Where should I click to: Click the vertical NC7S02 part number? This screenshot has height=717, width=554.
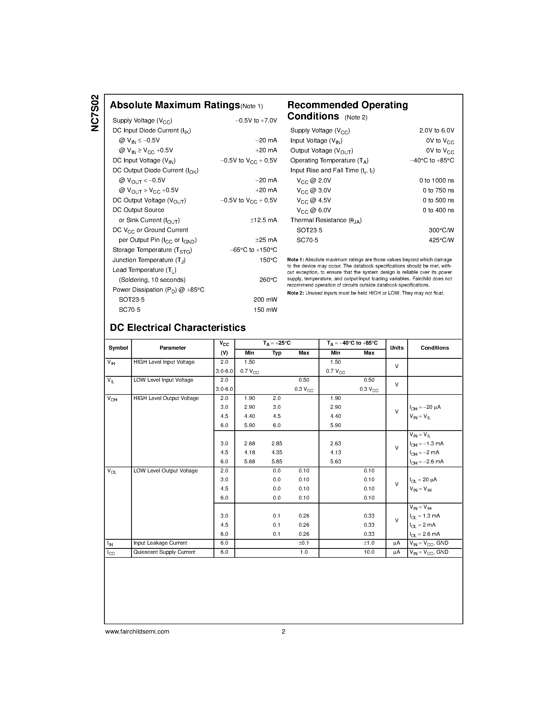click(x=95, y=113)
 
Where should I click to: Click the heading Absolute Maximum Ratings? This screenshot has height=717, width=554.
click(x=175, y=105)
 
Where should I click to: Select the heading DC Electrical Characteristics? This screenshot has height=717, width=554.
click(x=178, y=328)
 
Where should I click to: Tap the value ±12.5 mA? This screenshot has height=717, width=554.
click(x=264, y=220)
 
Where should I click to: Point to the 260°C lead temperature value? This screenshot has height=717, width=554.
click(x=268, y=280)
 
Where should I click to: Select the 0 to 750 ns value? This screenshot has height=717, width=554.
click(x=438, y=190)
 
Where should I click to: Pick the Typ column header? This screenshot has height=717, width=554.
click(x=277, y=353)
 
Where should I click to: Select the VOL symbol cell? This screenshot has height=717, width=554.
click(x=112, y=471)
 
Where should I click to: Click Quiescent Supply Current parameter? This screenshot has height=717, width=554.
click(x=165, y=552)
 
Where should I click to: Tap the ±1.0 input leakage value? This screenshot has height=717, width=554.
click(x=369, y=543)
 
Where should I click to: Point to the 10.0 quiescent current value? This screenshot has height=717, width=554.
click(x=369, y=552)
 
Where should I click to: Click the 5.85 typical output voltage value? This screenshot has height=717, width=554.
click(x=277, y=461)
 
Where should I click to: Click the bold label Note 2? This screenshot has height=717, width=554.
click(x=295, y=293)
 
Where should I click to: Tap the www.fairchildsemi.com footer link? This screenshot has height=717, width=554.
click(x=137, y=631)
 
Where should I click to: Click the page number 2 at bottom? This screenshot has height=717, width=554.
click(x=283, y=631)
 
